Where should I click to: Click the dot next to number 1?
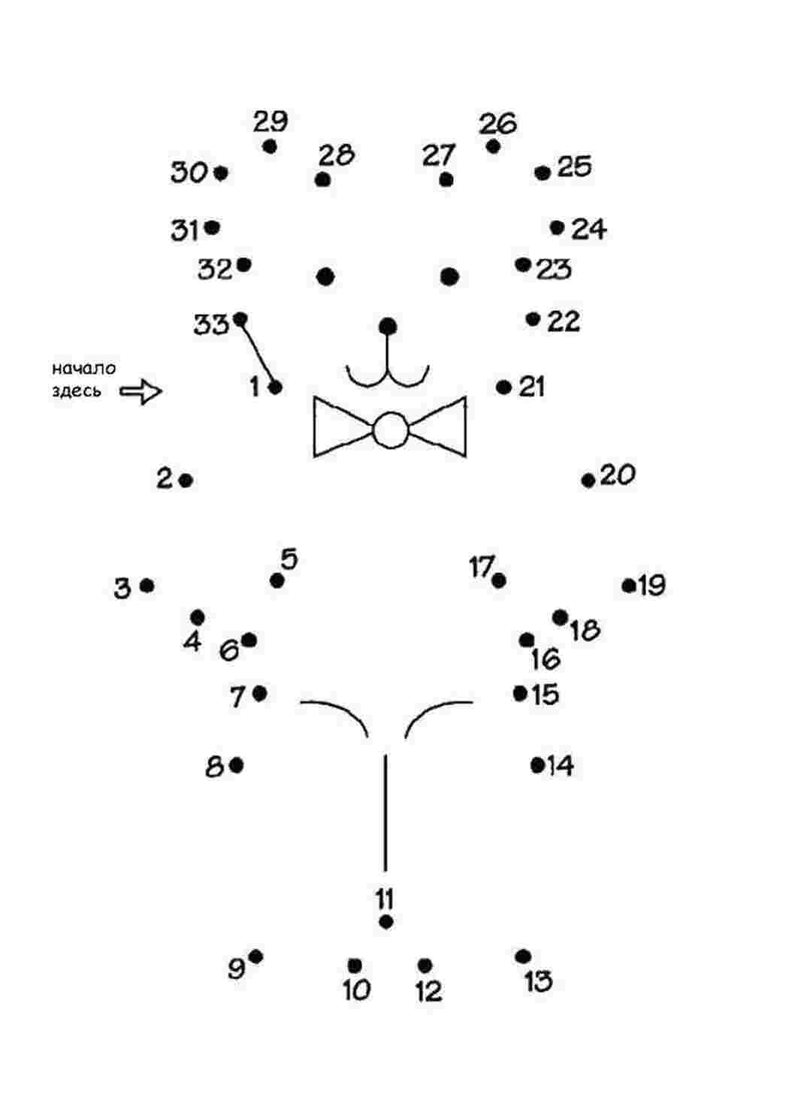tap(276, 387)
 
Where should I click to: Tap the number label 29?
tap(271, 122)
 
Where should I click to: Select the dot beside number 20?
tap(588, 481)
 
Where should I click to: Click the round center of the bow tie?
tap(391, 430)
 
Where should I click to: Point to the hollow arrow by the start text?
tap(141, 391)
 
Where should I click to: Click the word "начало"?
tap(84, 369)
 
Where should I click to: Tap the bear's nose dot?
tap(388, 327)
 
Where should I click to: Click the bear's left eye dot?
tap(325, 276)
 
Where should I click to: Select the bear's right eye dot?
tap(449, 276)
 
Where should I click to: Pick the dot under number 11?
tap(386, 922)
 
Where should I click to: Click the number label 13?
tap(539, 981)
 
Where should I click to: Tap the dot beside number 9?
tap(256, 957)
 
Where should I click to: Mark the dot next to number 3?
tap(147, 586)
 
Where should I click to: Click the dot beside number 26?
tap(493, 147)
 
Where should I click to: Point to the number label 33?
tap(211, 325)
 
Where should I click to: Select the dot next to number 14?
tap(537, 765)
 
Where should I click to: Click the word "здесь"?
tap(77, 391)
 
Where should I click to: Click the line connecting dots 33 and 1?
tap(258, 353)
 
